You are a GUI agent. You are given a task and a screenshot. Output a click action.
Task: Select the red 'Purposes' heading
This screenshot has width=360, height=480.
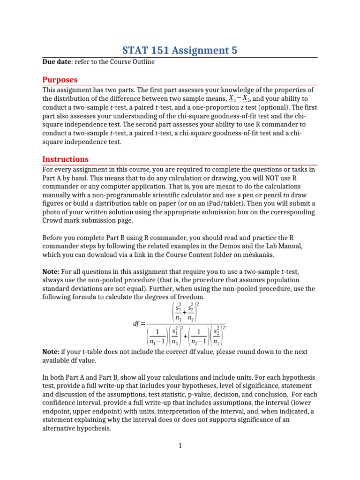(60, 80)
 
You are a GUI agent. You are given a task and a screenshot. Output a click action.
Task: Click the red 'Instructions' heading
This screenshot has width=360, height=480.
(65, 159)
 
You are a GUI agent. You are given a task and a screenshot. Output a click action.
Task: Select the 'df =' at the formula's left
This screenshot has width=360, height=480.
(140, 324)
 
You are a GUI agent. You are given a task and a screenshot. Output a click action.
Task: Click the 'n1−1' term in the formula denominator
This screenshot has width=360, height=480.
(157, 341)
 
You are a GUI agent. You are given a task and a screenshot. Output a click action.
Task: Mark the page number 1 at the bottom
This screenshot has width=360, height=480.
(180, 446)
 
